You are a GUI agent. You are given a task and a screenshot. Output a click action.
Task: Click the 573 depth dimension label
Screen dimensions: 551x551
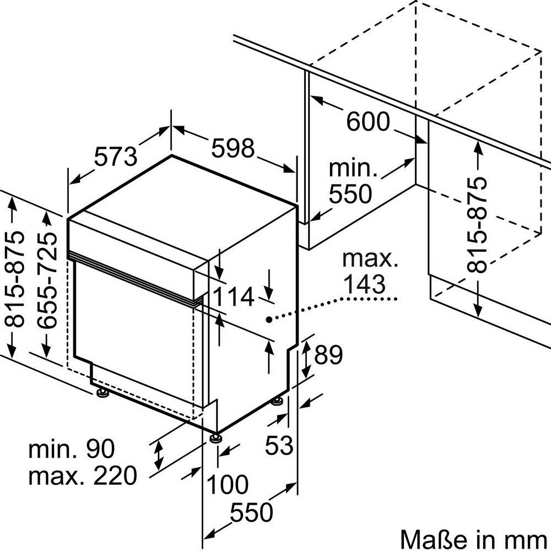(x=115, y=156)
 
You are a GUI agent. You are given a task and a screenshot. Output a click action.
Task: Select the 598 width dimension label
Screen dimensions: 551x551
(x=234, y=147)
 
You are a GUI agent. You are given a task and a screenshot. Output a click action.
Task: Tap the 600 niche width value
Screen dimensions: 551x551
(x=368, y=121)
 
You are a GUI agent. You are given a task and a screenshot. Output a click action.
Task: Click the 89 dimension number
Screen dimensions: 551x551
(x=328, y=355)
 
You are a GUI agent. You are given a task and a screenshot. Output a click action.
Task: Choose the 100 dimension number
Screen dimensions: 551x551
(x=227, y=485)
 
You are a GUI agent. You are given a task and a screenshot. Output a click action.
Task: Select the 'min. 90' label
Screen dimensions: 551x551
(x=72, y=449)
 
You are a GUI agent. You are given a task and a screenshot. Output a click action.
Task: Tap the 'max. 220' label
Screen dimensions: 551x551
(x=82, y=476)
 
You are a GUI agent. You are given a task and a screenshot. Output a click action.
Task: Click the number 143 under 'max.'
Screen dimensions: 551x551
(x=363, y=284)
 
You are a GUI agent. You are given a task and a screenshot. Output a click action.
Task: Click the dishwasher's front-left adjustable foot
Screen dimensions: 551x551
(x=102, y=392)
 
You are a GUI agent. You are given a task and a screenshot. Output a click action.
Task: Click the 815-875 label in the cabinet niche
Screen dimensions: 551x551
(x=477, y=226)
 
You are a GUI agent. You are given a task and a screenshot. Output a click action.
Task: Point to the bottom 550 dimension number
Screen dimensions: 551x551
(x=251, y=513)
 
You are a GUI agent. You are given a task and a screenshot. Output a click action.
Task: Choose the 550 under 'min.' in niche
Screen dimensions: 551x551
(x=351, y=194)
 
